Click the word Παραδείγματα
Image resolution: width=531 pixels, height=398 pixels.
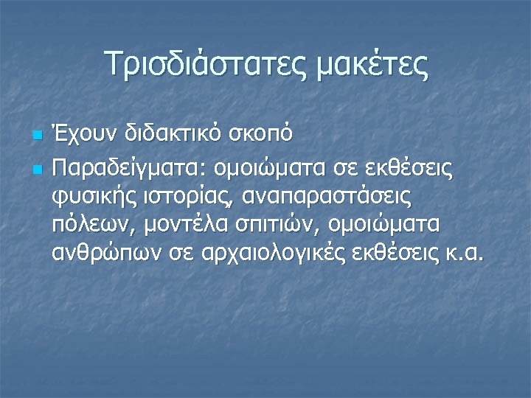point(130,170)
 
